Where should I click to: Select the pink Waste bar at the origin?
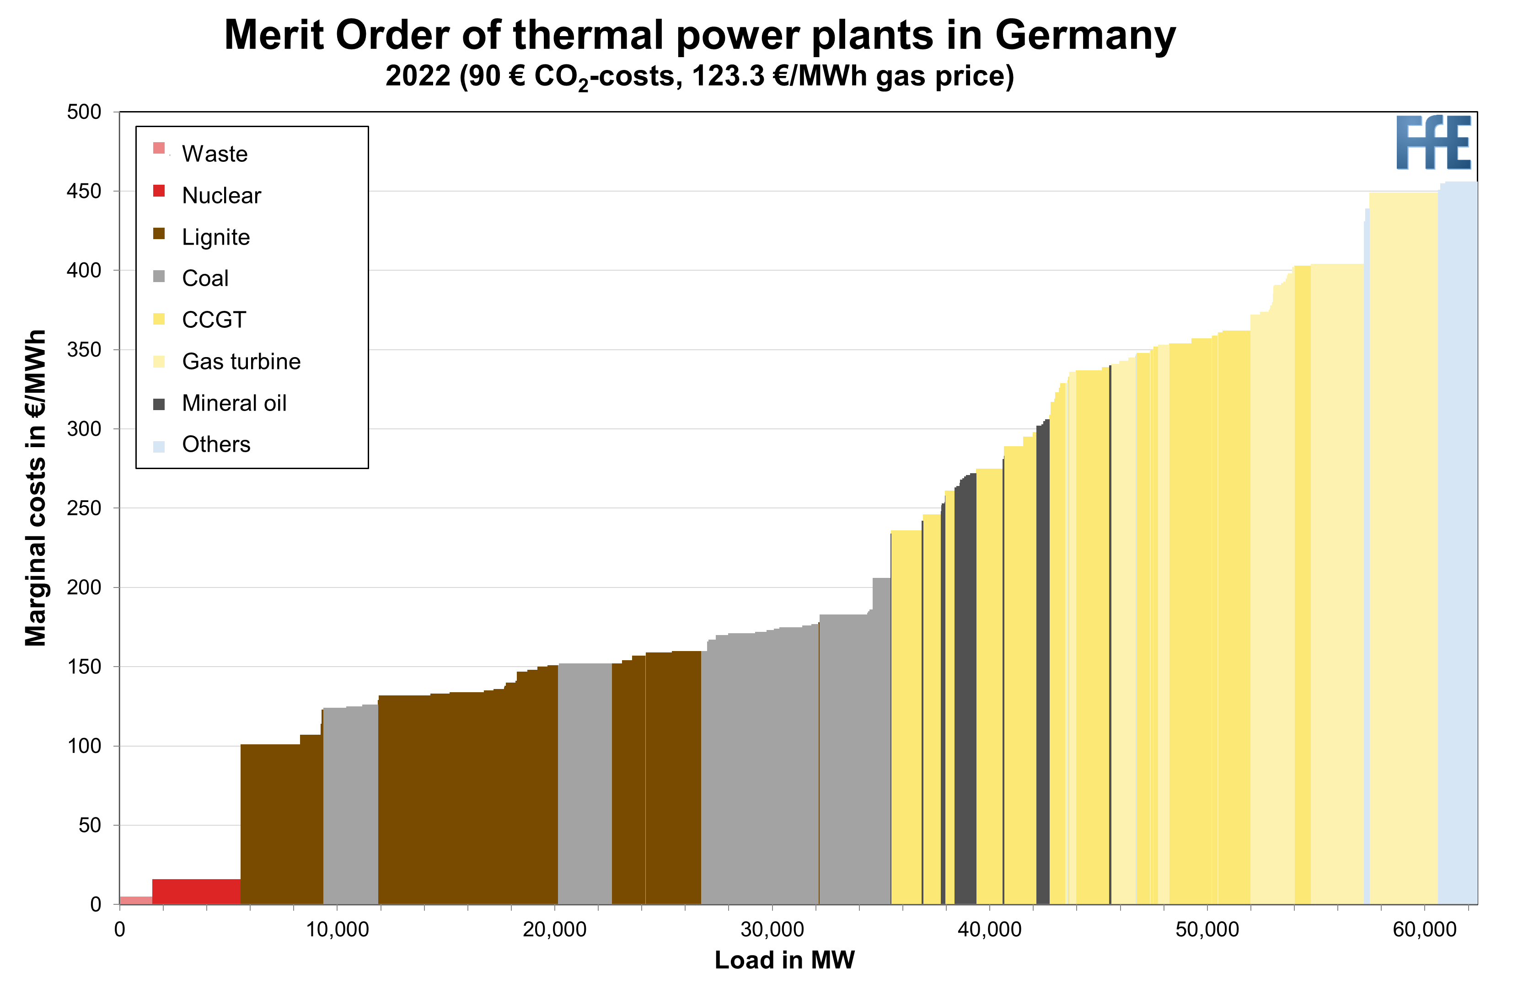(x=135, y=900)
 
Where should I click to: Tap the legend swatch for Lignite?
(x=159, y=234)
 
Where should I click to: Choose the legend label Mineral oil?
(x=234, y=403)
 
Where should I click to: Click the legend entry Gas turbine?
(x=241, y=361)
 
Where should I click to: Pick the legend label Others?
(x=216, y=444)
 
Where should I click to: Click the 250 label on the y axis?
(x=84, y=508)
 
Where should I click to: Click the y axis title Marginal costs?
(x=35, y=487)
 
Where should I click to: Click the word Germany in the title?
(x=1085, y=35)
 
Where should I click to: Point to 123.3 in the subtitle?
(x=729, y=76)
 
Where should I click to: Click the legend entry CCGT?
(x=214, y=320)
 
